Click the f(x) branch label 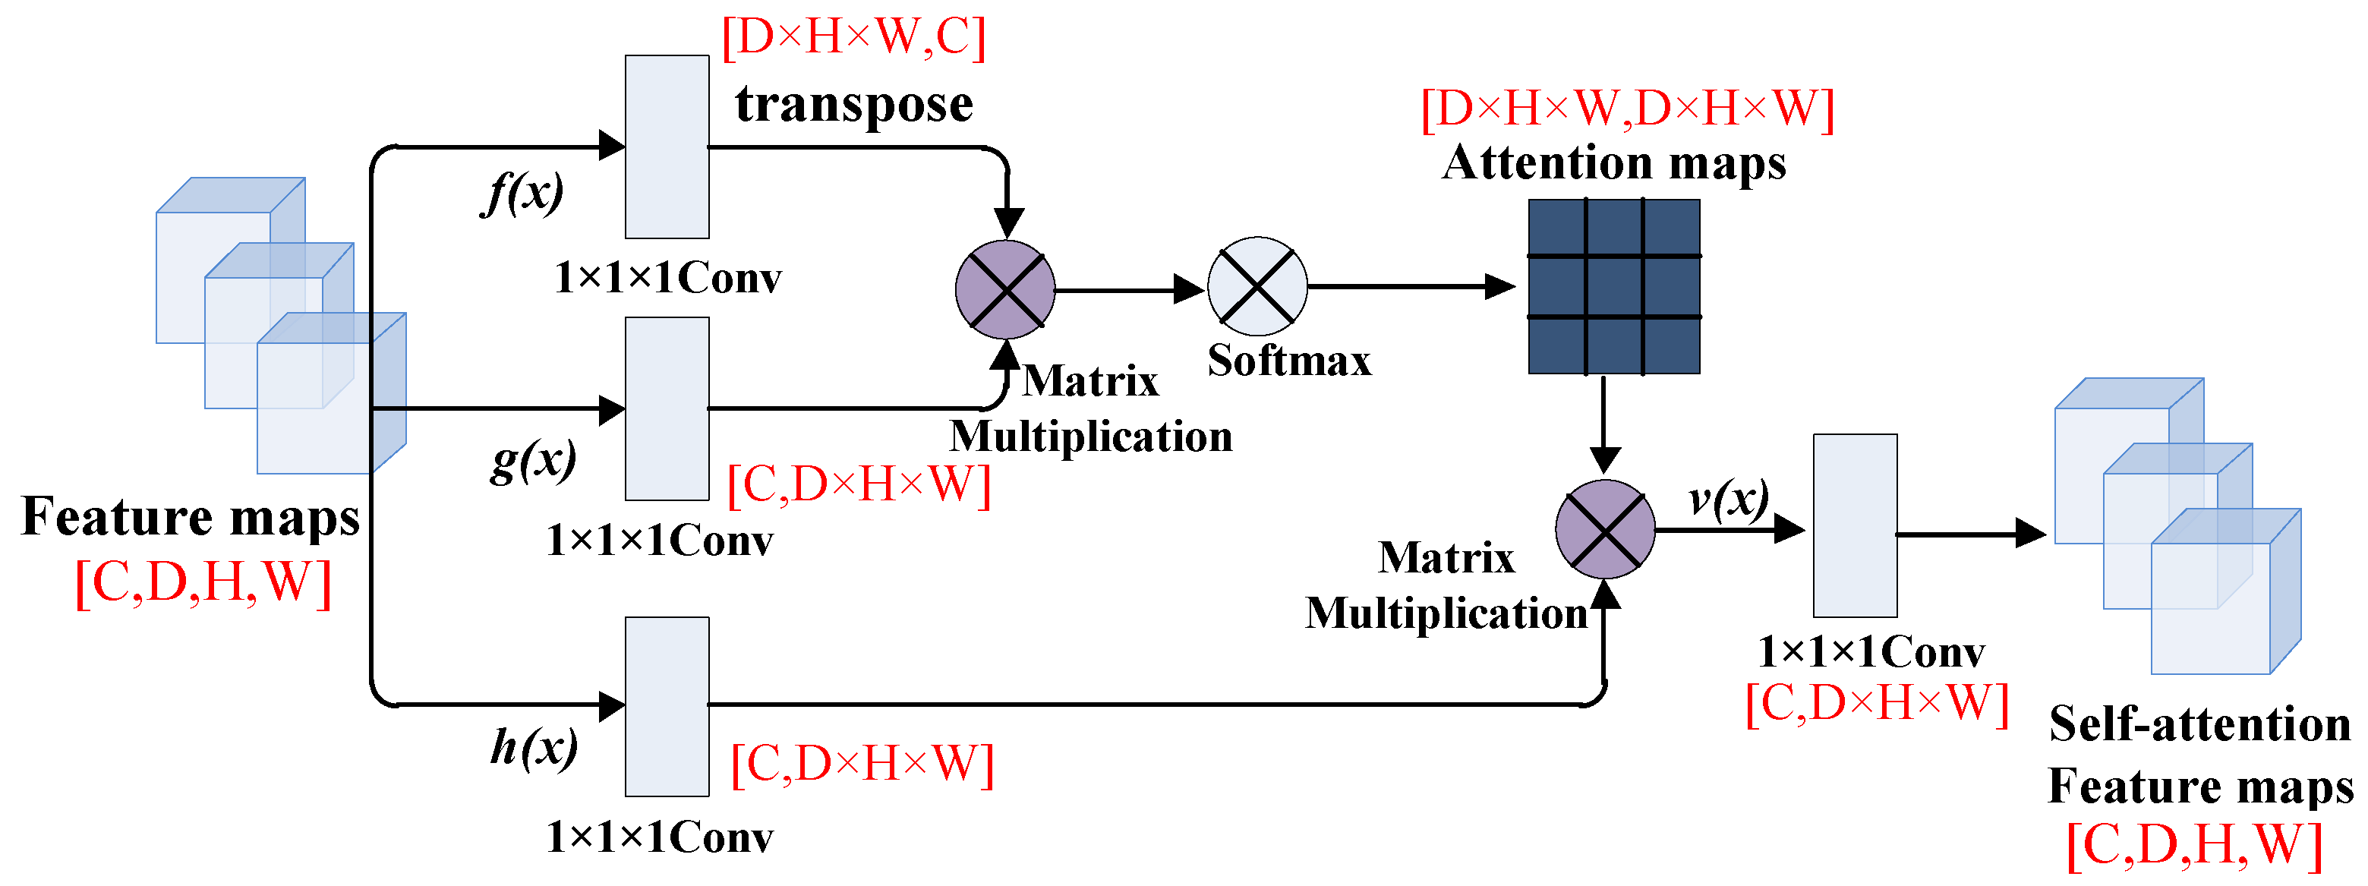click(522, 194)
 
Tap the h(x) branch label click(533, 746)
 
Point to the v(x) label click(1728, 499)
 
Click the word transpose click(853, 104)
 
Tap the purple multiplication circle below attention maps click(1605, 529)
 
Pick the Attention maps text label click(1613, 163)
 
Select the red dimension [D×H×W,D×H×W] click(1627, 109)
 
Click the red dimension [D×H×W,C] click(853, 38)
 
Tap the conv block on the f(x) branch click(667, 147)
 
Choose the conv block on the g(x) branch click(667, 409)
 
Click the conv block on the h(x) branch click(667, 706)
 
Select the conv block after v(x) click(1854, 525)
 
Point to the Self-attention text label click(2199, 724)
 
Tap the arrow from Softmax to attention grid click(1411, 287)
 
